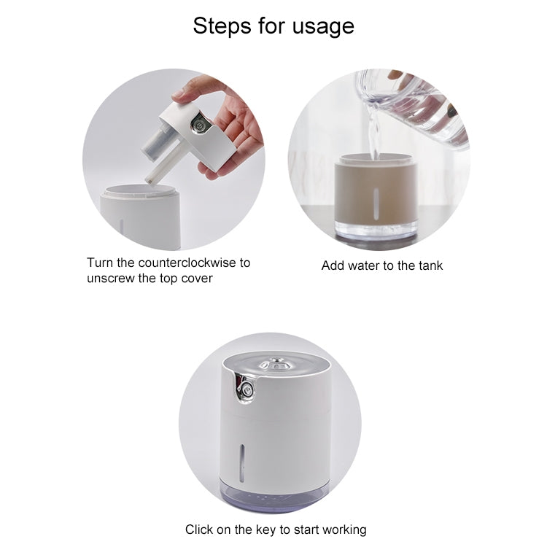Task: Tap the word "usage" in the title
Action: point(323,27)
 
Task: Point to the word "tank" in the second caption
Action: point(429,265)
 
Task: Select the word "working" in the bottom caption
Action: point(342,529)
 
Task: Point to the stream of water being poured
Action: point(375,139)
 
